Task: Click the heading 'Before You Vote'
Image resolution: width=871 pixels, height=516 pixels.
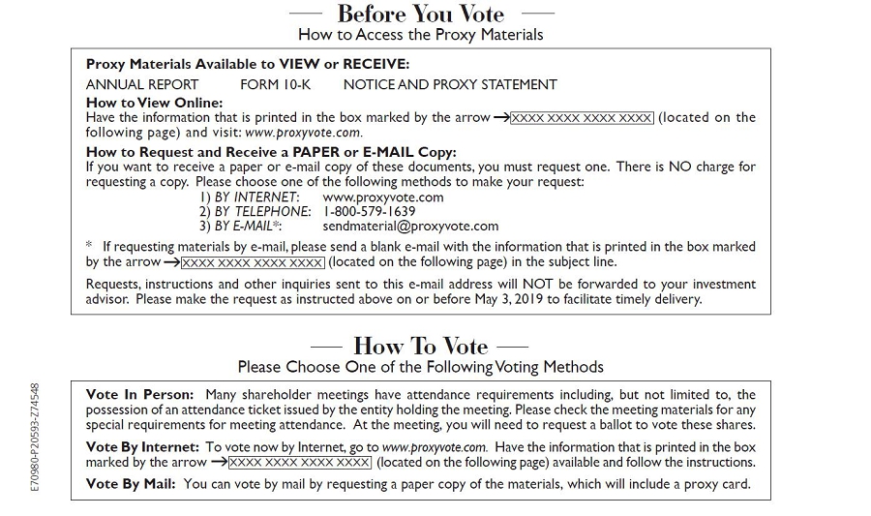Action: [x=420, y=14]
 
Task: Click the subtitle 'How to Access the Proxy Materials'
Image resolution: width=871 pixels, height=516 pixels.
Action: [x=420, y=35]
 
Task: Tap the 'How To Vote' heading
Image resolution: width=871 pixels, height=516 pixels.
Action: [x=420, y=346]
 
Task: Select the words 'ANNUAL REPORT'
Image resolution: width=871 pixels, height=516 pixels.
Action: [x=142, y=84]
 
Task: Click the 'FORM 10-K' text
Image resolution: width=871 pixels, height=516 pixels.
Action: [x=275, y=84]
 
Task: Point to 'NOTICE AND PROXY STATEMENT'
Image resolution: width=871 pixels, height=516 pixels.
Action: [x=450, y=84]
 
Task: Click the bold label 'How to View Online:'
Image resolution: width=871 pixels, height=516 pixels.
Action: [x=154, y=102]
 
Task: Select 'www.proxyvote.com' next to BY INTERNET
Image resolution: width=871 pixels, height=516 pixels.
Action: [x=383, y=197]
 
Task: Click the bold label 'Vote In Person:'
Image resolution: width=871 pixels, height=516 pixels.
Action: [x=139, y=394]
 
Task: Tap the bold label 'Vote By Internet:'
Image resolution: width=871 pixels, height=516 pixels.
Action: [x=142, y=447]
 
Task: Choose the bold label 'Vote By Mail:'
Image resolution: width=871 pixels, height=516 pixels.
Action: [x=131, y=484]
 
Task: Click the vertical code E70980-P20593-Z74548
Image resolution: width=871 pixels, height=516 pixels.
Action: [x=35, y=437]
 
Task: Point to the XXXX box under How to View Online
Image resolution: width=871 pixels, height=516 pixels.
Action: [x=582, y=118]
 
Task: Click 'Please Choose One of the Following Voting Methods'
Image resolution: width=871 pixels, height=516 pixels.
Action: [x=420, y=367]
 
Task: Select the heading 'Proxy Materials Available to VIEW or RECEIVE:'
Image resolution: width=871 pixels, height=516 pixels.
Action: [x=248, y=64]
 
